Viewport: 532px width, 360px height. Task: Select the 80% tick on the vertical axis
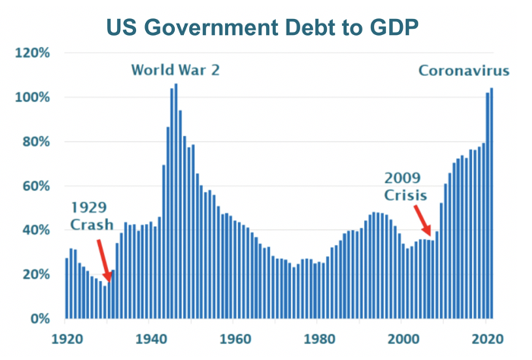pos(35,142)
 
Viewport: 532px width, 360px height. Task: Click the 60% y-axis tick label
pos(35,186)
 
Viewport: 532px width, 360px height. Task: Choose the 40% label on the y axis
pos(35,230)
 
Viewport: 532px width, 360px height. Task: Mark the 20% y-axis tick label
pos(35,274)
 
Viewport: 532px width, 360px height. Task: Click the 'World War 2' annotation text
pos(176,71)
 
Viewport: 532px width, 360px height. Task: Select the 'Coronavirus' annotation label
pos(464,71)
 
